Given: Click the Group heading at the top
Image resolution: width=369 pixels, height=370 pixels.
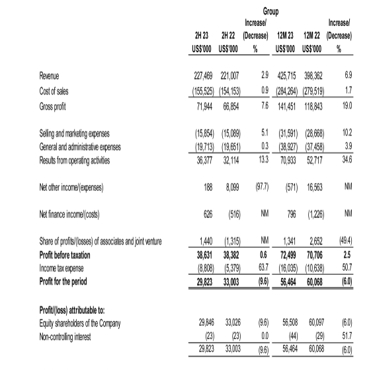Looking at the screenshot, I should pos(269,11).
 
